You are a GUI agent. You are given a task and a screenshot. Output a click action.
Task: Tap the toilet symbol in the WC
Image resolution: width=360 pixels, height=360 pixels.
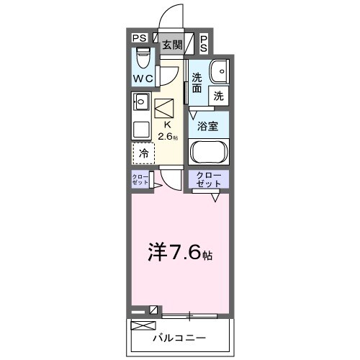tap(142, 57)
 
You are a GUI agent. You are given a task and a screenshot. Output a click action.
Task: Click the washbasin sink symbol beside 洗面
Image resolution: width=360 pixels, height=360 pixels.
tap(217, 71)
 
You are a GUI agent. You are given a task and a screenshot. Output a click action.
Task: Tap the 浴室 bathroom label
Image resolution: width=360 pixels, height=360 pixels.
tap(209, 125)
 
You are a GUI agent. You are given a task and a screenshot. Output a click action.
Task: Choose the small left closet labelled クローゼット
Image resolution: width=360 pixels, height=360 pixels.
tap(140, 180)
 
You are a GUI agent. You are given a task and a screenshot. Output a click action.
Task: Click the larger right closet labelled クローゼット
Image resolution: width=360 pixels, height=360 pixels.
tap(209, 180)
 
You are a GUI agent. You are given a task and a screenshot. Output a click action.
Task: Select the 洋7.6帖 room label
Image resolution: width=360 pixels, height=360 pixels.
tap(180, 253)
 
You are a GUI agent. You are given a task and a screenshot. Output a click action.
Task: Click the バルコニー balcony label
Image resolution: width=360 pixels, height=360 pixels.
tap(180, 338)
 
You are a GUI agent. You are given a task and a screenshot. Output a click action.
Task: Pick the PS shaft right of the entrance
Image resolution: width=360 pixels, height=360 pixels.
tap(204, 45)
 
